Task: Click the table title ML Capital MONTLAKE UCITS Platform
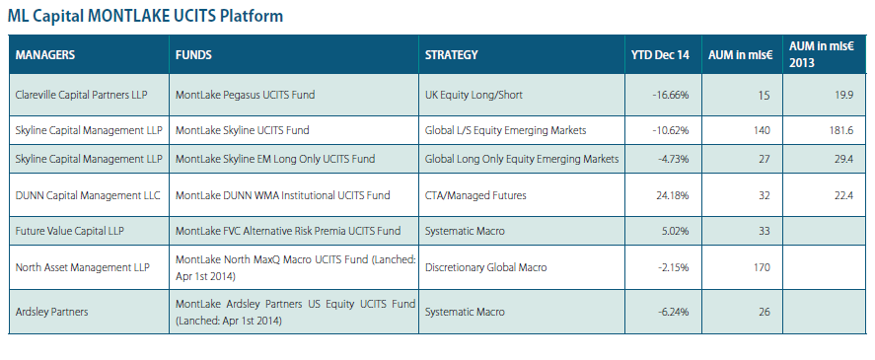pyautogui.click(x=145, y=16)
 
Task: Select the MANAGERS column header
pyautogui.click(x=45, y=54)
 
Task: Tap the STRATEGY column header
pyautogui.click(x=452, y=54)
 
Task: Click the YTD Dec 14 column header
pyautogui.click(x=660, y=54)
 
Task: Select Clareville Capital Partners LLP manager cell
pyautogui.click(x=82, y=95)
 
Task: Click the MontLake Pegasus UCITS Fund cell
pyautogui.click(x=245, y=95)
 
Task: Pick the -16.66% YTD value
pyautogui.click(x=670, y=96)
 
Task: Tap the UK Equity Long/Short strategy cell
pyautogui.click(x=474, y=95)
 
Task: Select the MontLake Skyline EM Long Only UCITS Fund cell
pyautogui.click(x=275, y=159)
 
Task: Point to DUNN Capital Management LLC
pyautogui.click(x=88, y=195)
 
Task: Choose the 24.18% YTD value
pyautogui.click(x=673, y=196)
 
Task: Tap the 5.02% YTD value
pyautogui.click(x=675, y=232)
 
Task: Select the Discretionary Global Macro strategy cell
pyautogui.click(x=486, y=267)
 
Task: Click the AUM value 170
pyautogui.click(x=762, y=267)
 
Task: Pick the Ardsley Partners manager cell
pyautogui.click(x=52, y=312)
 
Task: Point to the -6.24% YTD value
pyautogui.click(x=673, y=312)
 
